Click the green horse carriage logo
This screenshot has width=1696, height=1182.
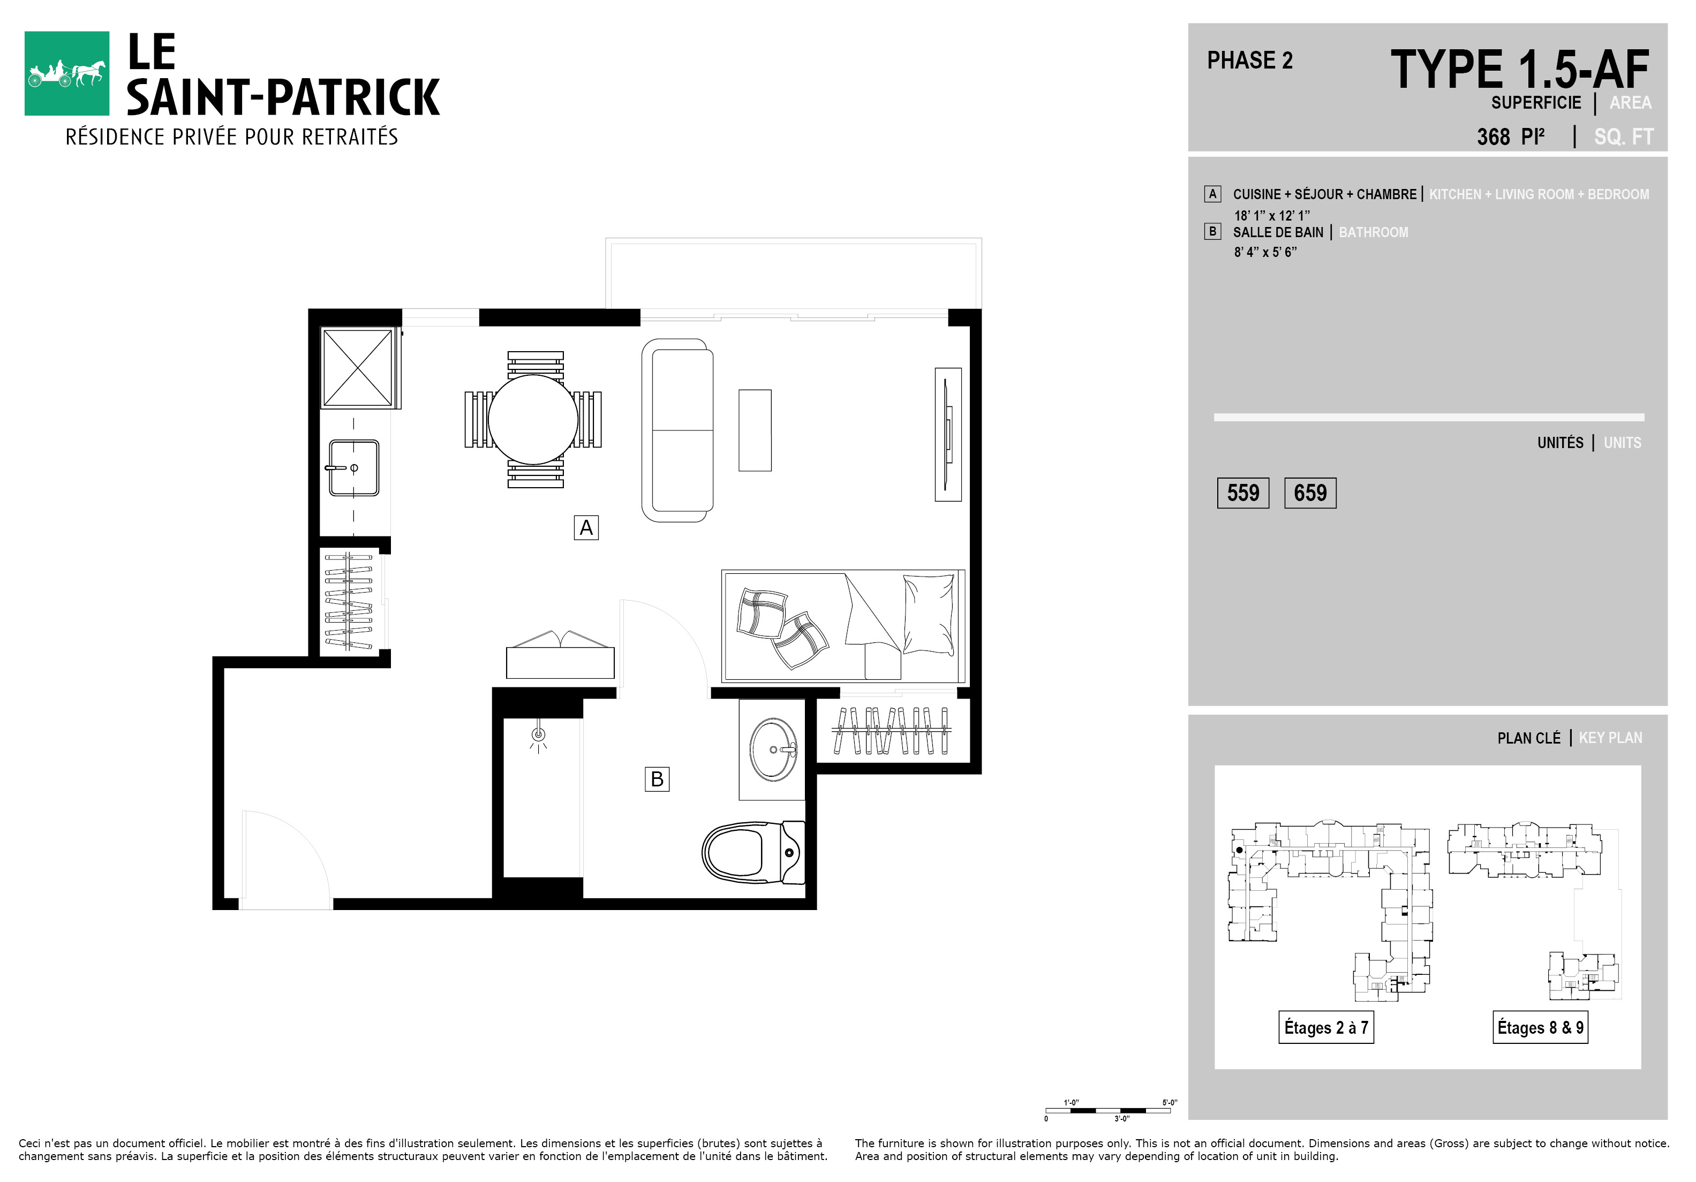click(x=66, y=73)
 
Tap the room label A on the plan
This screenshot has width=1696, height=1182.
click(x=586, y=528)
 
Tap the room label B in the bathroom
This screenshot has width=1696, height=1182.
click(x=657, y=779)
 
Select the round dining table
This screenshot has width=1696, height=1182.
click(x=533, y=419)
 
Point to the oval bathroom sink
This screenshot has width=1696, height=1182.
click(x=773, y=749)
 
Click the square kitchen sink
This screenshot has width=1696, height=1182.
click(x=354, y=468)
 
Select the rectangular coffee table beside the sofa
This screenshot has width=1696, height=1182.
click(x=755, y=430)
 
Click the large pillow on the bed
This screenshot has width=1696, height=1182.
click(x=929, y=614)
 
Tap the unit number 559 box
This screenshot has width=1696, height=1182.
click(x=1243, y=493)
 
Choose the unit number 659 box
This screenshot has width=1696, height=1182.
click(x=1310, y=493)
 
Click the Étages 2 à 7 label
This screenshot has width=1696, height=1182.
click(x=1326, y=1027)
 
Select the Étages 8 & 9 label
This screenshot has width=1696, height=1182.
click(x=1540, y=1027)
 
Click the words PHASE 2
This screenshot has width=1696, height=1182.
click(x=1250, y=60)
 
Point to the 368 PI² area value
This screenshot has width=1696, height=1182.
click(x=1511, y=137)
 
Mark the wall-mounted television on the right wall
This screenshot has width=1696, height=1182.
click(x=948, y=435)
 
